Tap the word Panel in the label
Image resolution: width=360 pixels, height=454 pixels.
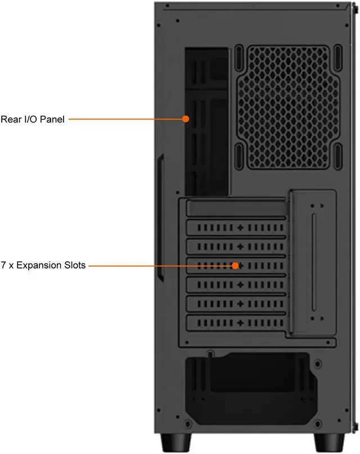51,119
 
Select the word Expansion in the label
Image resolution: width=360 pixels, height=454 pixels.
38,265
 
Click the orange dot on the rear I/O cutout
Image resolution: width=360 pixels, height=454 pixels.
186,119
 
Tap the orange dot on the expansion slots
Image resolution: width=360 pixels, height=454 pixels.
237,265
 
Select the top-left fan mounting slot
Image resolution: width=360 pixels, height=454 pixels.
238,57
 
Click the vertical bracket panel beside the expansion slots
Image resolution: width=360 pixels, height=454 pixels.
313,264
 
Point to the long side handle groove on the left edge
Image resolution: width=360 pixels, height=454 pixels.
160,216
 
